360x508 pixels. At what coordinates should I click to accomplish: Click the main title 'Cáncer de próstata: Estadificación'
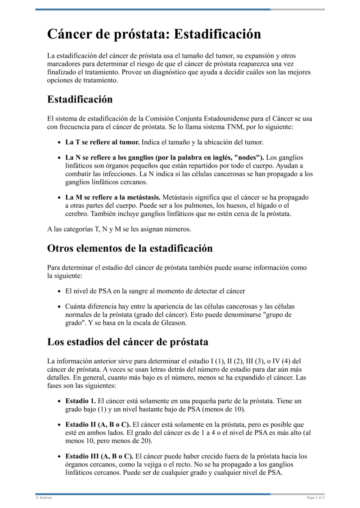tap(154, 34)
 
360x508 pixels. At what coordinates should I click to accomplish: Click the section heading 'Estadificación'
tap(80, 99)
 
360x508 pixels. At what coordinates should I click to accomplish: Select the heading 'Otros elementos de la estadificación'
tap(130, 248)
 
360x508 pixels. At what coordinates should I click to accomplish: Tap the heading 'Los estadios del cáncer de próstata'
tap(127, 342)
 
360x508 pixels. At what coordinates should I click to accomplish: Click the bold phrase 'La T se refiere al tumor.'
tap(102, 142)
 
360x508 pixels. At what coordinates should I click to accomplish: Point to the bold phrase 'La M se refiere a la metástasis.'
tap(112, 197)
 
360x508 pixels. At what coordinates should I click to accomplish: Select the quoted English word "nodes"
tap(247, 157)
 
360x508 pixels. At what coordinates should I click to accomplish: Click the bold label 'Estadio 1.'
tap(81, 401)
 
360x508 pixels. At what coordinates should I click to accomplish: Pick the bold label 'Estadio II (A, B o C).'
tap(98, 424)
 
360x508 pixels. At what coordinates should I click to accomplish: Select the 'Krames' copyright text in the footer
tap(44, 498)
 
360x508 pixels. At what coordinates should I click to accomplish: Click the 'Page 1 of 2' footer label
tap(315, 498)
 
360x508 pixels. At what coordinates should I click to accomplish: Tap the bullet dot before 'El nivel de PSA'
tap(60, 291)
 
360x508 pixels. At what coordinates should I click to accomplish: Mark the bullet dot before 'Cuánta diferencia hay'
tap(60, 307)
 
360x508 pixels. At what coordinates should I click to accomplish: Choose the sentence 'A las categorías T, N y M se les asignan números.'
tap(119, 229)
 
